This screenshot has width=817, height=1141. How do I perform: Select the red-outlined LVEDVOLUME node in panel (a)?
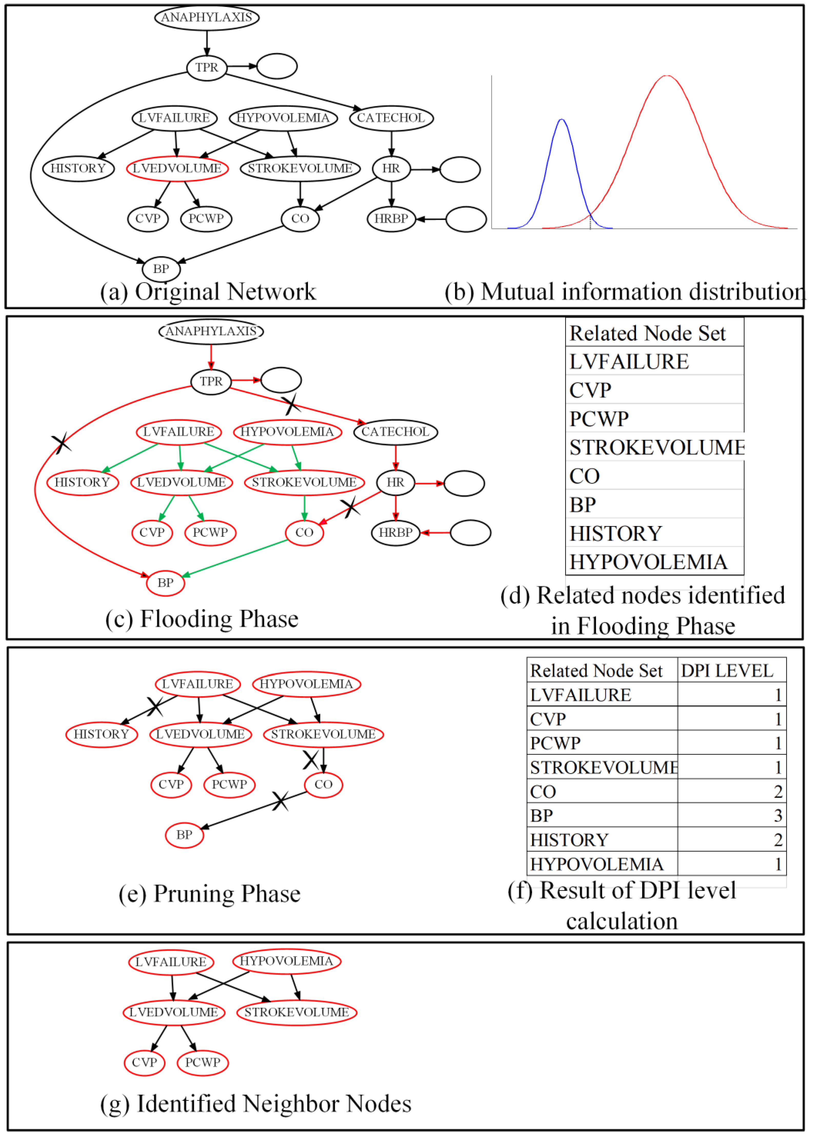point(177,168)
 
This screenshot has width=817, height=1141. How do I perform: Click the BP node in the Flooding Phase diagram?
point(165,583)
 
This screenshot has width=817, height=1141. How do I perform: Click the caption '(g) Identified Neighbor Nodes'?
point(256,1104)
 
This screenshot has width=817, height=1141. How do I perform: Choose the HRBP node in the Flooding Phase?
point(395,532)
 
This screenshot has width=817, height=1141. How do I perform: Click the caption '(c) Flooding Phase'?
point(202,619)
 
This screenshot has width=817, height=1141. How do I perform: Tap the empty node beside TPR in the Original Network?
point(277,66)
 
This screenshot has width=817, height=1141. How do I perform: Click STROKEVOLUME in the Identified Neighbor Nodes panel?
point(296,1012)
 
